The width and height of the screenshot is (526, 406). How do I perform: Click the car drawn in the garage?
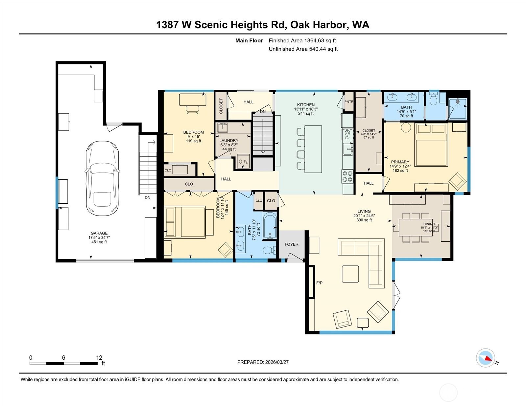click(102, 178)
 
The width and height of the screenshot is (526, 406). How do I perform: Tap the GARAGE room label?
click(99, 233)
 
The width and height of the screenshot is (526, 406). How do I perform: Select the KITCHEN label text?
click(306, 105)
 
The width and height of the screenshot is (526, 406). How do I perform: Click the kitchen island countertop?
click(313, 148)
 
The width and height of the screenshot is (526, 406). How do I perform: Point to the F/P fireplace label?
click(319, 283)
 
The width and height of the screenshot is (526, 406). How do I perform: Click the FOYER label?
click(291, 244)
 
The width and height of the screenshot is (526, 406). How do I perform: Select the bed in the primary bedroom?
click(431, 145)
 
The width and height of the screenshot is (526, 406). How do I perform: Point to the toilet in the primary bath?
click(433, 99)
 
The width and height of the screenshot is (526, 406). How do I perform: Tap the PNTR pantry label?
click(348, 101)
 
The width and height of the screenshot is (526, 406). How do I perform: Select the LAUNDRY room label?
click(229, 141)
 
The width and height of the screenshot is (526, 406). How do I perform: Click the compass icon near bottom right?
click(486, 358)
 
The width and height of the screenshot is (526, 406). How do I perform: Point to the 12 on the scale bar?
click(99, 357)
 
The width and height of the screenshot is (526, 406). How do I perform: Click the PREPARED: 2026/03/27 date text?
click(263, 362)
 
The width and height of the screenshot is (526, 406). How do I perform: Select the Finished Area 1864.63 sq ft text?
click(302, 41)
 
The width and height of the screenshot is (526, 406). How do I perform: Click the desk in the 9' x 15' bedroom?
click(192, 100)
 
